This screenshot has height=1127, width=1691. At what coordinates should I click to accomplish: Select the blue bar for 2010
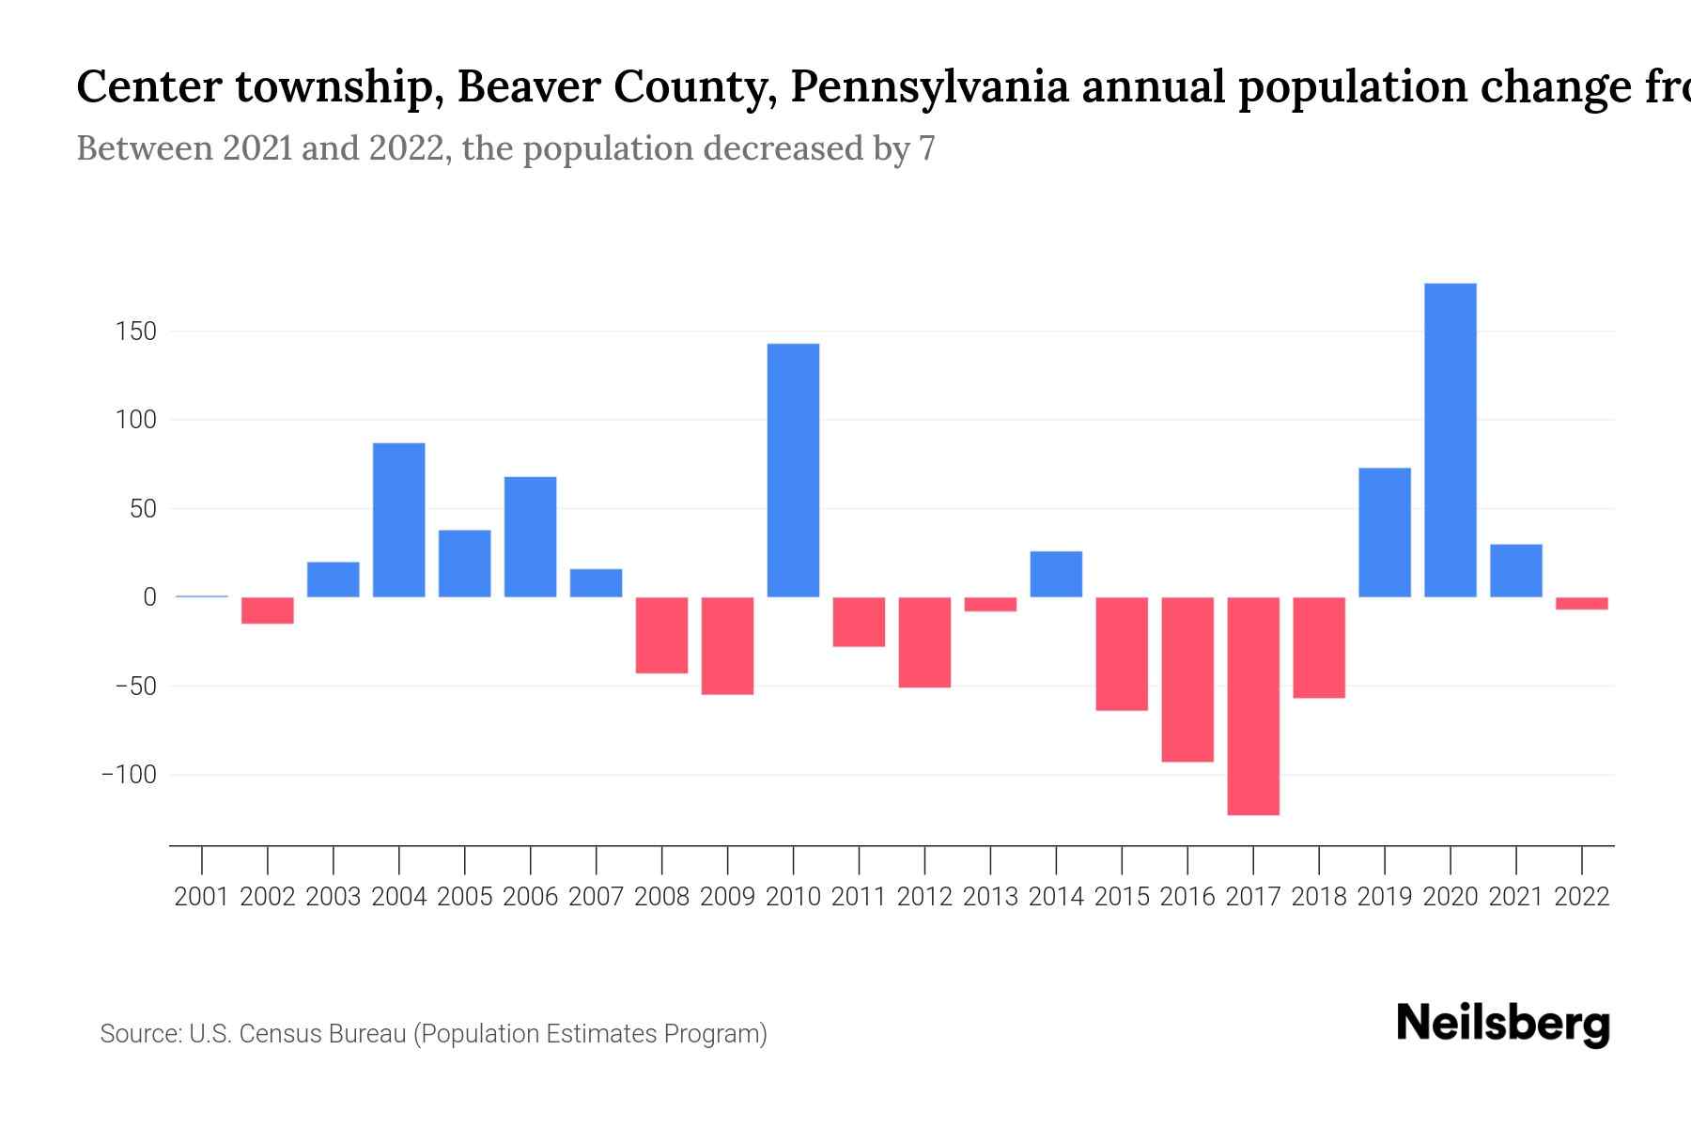793,470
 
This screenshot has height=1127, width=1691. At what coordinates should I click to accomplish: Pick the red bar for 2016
1187,679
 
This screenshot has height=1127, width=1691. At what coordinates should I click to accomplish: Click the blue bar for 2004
398,519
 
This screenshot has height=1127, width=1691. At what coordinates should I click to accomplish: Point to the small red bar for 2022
1581,604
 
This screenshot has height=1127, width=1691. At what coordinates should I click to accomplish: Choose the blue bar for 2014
1056,574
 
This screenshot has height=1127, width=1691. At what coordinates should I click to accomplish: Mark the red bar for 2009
727,646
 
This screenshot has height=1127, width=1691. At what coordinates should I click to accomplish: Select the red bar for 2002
268,610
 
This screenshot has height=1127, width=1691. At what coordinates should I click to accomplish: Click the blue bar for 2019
1384,533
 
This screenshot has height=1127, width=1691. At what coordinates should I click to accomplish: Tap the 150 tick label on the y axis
136,332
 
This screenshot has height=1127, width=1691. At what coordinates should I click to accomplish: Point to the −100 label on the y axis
129,775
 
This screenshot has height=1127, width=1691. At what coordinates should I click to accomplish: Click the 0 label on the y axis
149,597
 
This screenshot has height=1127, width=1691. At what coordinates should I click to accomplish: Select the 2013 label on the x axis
990,897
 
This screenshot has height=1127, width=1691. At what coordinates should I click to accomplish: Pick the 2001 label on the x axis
202,897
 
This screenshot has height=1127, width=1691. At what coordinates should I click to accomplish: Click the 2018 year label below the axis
1318,897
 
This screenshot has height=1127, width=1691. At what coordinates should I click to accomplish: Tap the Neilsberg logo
1503,1024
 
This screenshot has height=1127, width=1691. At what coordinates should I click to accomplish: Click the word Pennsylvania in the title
929,87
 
